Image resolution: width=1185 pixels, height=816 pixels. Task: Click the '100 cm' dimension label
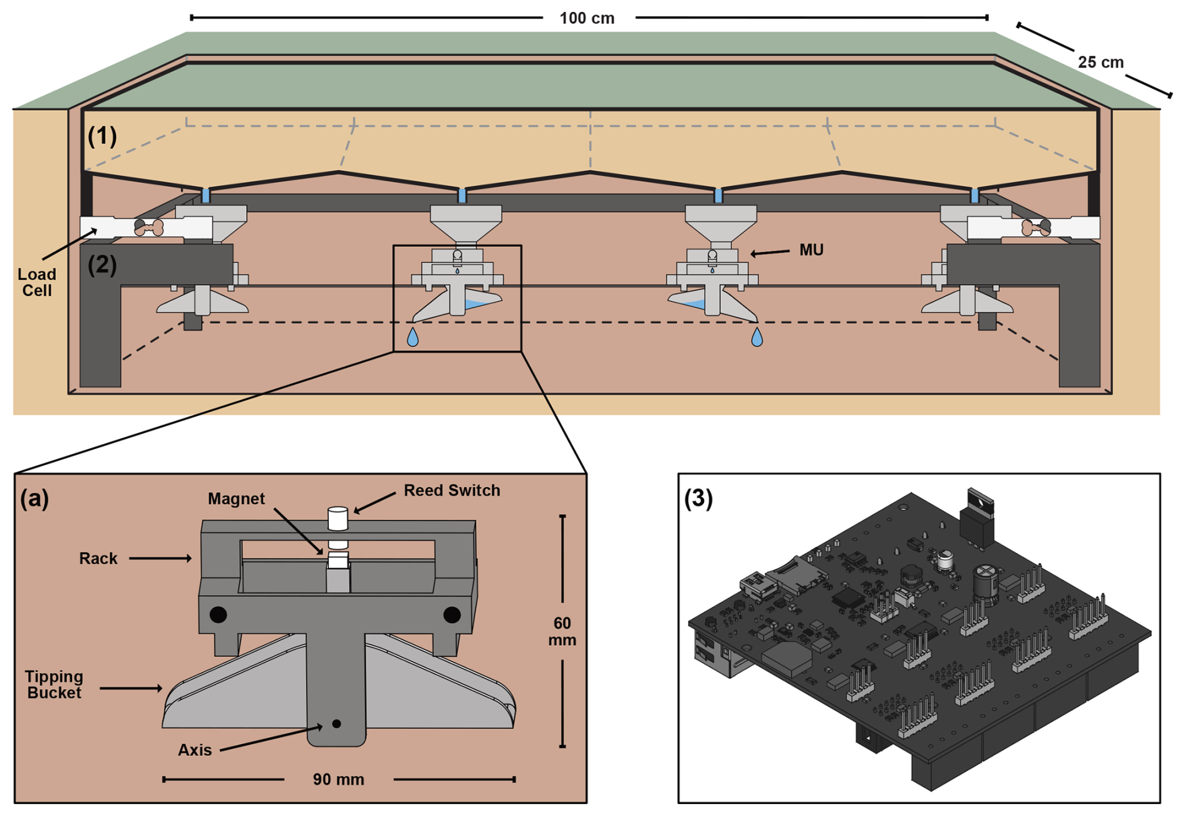point(587,18)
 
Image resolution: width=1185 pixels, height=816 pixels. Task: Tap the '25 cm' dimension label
point(1100,63)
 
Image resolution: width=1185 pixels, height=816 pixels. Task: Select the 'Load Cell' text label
point(37,282)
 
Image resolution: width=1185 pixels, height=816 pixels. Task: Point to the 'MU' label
point(811,250)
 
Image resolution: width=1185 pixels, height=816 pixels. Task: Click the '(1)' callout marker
point(102,136)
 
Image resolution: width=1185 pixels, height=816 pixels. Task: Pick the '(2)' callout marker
point(102,265)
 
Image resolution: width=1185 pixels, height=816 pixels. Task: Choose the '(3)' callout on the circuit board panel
point(698,498)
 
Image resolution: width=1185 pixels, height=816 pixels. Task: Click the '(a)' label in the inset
point(34,498)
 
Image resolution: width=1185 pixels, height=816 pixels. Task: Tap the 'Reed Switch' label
point(452,490)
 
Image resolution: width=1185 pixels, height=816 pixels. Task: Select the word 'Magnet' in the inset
point(236,498)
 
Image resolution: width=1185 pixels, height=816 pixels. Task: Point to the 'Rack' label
point(98,559)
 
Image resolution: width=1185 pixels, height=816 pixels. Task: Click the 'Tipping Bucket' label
point(54,684)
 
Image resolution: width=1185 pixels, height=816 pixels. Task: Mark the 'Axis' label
point(195,750)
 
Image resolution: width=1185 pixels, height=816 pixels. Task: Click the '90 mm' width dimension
point(338,780)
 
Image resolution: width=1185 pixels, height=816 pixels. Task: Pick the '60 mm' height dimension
point(562,631)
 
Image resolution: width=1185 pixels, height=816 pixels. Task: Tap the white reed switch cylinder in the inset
point(338,519)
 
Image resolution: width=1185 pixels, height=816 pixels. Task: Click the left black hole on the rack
point(218,614)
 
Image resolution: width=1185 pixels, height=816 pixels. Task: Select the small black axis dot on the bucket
point(336,724)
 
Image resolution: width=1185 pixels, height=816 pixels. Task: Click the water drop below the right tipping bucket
point(757,338)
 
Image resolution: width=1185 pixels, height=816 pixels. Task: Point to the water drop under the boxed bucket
point(412,338)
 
